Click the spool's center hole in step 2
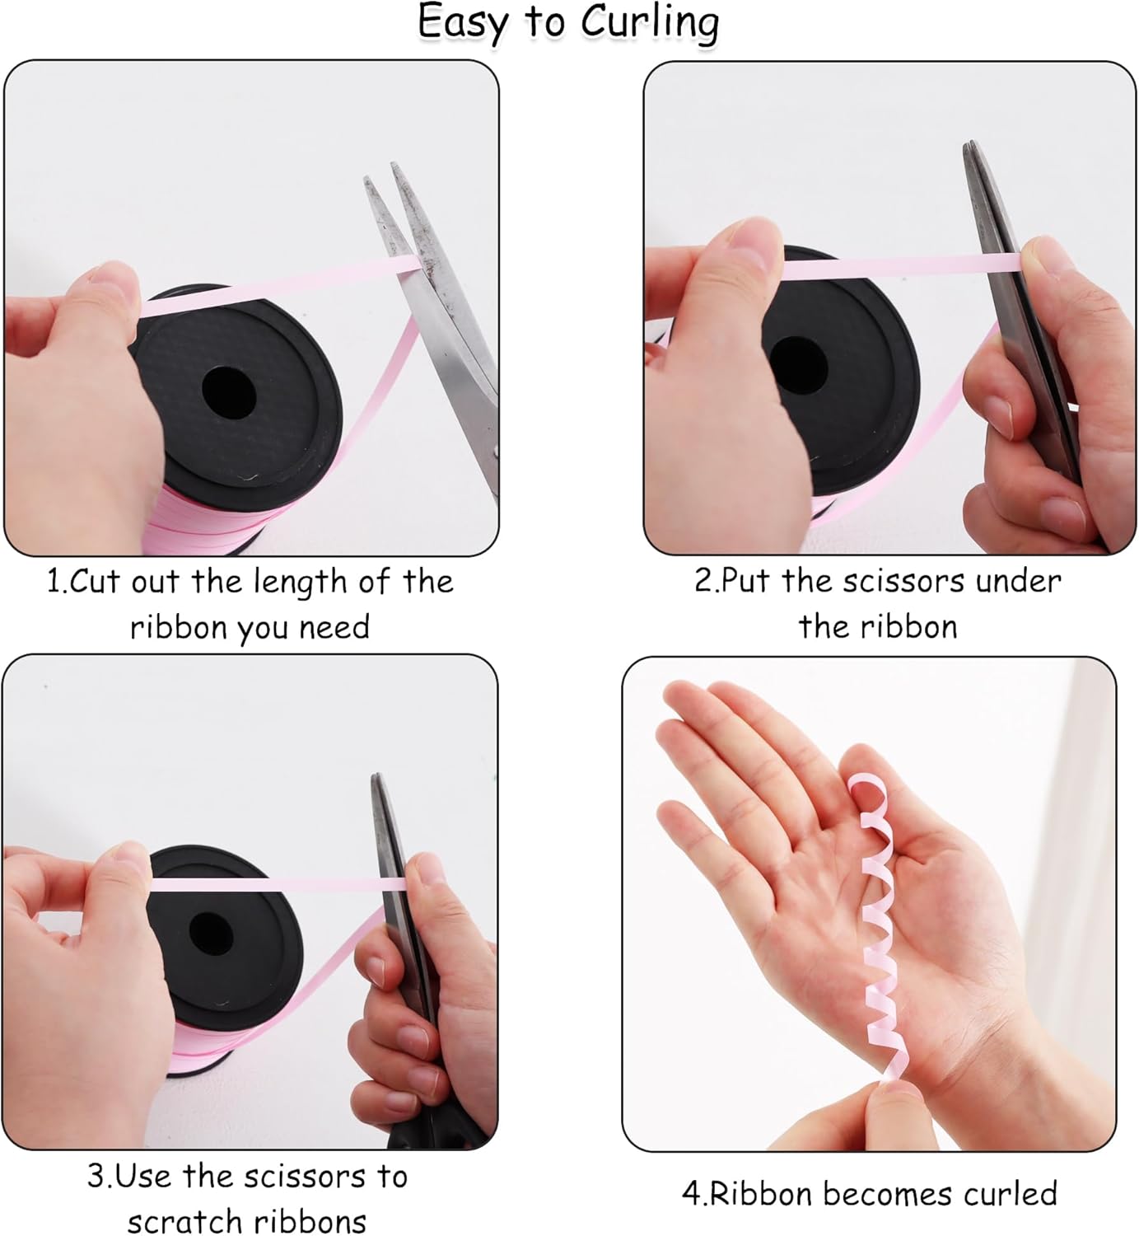[x=798, y=365]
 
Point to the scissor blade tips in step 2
[x=971, y=147]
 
